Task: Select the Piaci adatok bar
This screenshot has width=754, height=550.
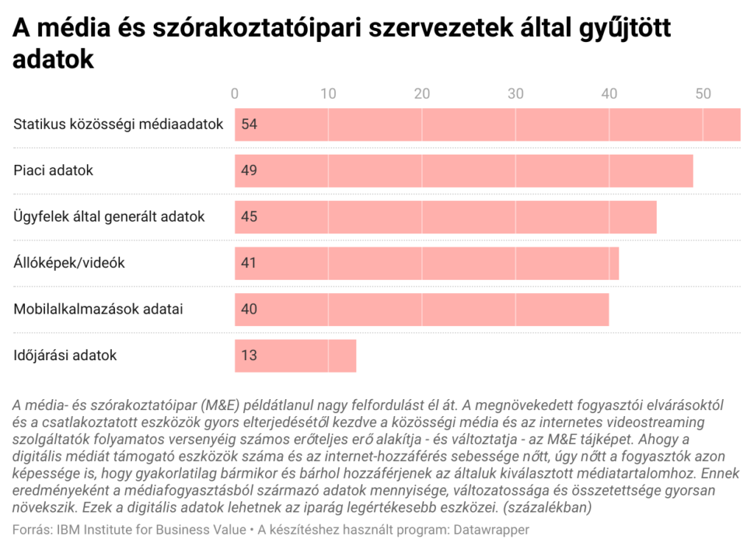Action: (x=464, y=171)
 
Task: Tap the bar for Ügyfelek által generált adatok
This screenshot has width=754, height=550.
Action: (x=445, y=216)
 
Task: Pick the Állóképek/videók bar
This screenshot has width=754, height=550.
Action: (x=426, y=263)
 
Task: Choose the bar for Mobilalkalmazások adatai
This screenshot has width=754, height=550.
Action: (x=422, y=309)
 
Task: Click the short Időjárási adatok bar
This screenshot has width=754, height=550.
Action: (x=295, y=356)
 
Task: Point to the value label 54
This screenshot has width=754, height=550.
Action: (x=249, y=124)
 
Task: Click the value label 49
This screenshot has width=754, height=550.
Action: (x=249, y=171)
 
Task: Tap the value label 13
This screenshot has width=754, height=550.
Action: (x=249, y=356)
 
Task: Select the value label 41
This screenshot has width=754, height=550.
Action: (x=249, y=263)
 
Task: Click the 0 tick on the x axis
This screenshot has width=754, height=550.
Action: (x=235, y=94)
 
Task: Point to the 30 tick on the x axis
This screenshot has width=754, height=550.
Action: (x=515, y=94)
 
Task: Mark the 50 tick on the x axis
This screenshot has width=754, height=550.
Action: (x=702, y=94)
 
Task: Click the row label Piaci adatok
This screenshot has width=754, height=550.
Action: (x=54, y=171)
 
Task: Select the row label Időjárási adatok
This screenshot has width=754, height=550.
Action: (x=66, y=356)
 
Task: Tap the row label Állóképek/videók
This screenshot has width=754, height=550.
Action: (x=69, y=263)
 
